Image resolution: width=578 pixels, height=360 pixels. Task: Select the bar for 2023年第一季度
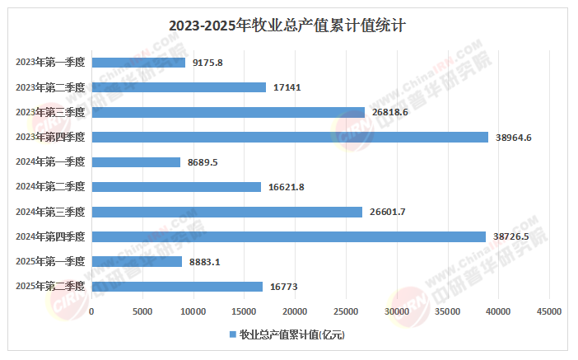click(x=138, y=62)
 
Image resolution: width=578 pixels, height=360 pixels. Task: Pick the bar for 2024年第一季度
click(x=136, y=162)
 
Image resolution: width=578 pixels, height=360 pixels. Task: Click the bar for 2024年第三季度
click(x=226, y=212)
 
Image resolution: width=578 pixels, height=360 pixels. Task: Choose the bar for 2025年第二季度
click(x=177, y=287)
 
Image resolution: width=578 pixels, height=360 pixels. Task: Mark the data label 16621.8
click(x=287, y=187)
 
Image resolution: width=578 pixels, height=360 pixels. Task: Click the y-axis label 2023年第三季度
click(x=50, y=112)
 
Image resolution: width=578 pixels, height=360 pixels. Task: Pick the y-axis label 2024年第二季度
click(x=50, y=187)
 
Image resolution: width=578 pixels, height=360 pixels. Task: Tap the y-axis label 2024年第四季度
click(x=50, y=237)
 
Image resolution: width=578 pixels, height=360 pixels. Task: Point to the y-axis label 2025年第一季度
click(x=50, y=262)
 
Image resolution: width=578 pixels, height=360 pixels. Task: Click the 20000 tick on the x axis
click(x=295, y=311)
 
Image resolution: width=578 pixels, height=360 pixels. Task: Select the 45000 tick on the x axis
click(x=549, y=311)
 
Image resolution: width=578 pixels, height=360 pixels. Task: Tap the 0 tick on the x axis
click(x=91, y=311)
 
